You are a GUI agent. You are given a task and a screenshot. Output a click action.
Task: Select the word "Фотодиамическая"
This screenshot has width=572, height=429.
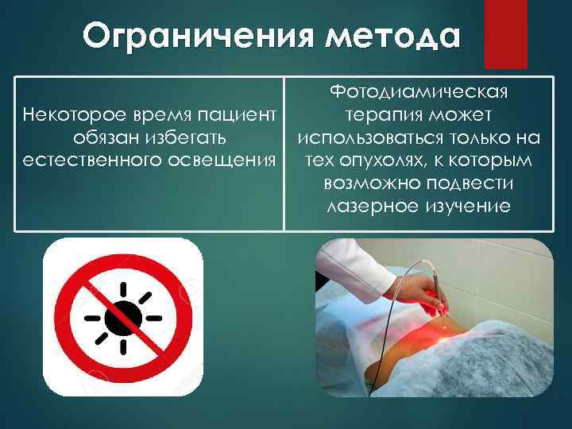coord(419,94)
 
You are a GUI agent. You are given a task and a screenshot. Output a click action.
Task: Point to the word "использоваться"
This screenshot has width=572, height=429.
coord(377,139)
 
